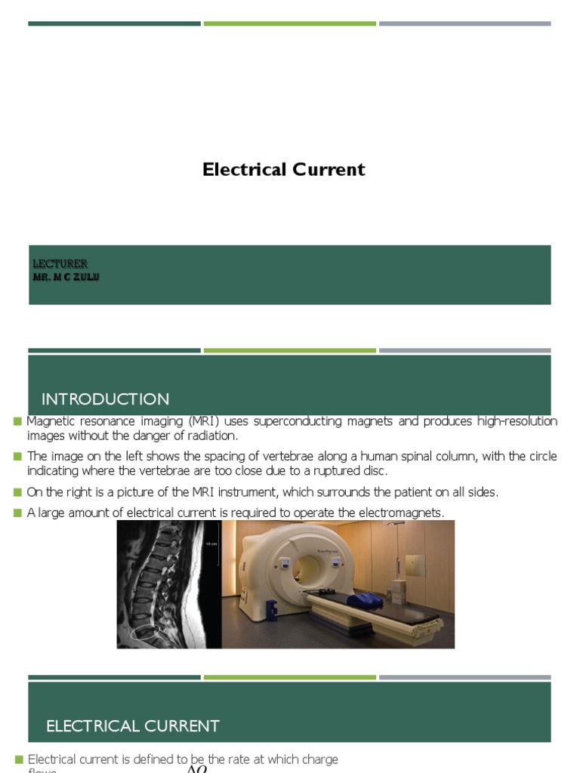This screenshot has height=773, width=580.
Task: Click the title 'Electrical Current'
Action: [283, 170]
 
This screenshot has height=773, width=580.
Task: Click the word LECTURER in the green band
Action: [60, 263]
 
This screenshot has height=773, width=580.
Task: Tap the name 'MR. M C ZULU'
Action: [66, 277]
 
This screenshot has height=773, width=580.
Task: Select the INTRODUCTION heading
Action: [106, 399]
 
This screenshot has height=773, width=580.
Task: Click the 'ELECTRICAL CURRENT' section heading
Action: [133, 726]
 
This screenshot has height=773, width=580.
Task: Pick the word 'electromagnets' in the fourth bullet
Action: [405, 513]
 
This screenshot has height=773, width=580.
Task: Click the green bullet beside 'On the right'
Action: [17, 492]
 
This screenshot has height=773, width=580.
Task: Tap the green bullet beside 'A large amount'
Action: [17, 513]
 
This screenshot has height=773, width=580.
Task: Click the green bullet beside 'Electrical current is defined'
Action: [17, 759]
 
